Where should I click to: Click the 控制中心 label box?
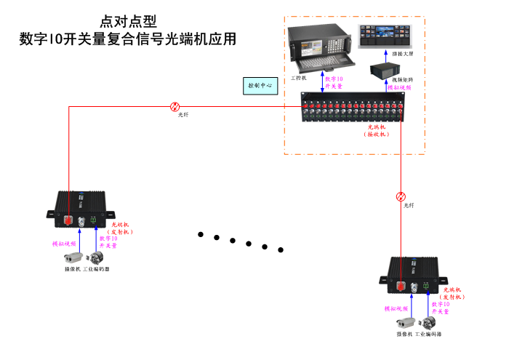click(260, 86)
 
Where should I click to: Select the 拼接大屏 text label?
click(402, 54)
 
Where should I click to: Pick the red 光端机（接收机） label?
click(377, 131)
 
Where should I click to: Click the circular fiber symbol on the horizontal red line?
click(175, 106)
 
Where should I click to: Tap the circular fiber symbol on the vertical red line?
click(401, 196)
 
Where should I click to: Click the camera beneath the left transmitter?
click(73, 257)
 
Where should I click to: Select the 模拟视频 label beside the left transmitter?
click(64, 244)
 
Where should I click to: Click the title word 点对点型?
click(128, 22)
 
